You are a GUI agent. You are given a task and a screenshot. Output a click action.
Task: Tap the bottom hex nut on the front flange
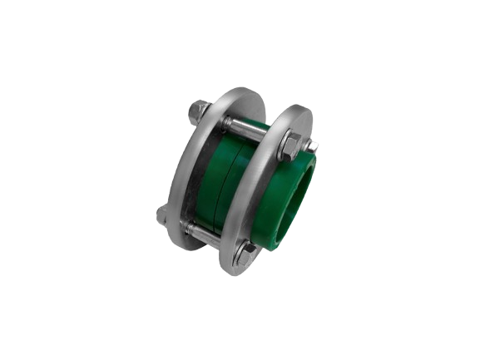pyautogui.click(x=244, y=252)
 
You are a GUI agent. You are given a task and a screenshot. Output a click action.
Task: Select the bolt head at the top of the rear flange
pyautogui.click(x=200, y=110)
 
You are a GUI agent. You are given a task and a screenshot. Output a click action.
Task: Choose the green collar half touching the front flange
pyautogui.click(x=241, y=187)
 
